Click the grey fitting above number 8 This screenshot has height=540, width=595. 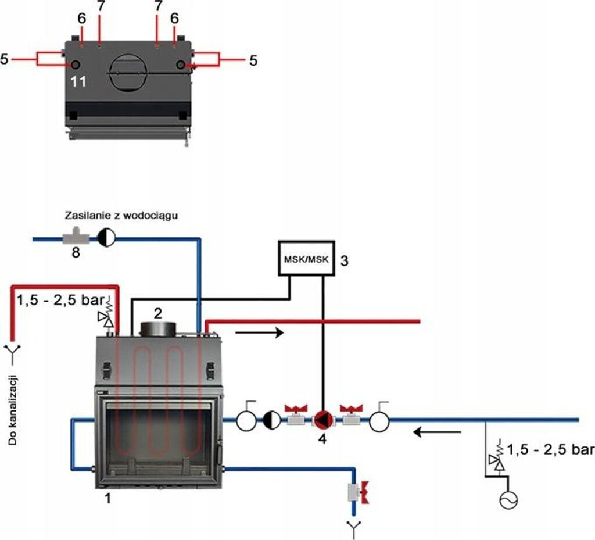(73, 237)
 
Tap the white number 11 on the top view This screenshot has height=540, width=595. (78, 82)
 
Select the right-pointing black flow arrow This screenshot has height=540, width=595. (259, 333)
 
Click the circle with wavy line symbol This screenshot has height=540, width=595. (508, 500)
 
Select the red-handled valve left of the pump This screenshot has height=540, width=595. (296, 417)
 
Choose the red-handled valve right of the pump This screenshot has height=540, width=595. (351, 417)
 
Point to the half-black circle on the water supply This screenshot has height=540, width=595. (107, 237)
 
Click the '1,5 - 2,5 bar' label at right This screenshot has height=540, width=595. (550, 450)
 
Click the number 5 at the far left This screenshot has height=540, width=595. (5, 59)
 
